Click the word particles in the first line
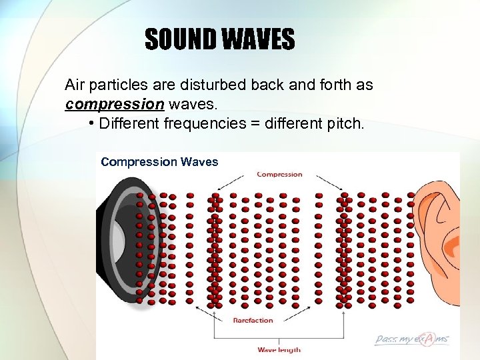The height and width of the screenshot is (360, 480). click(x=115, y=85)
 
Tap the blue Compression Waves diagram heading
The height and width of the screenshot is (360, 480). click(x=159, y=162)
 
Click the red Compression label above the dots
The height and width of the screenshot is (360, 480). click(x=279, y=175)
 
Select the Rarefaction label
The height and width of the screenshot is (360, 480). click(x=253, y=321)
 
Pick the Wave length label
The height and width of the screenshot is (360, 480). click(x=279, y=349)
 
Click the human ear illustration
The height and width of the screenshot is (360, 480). click(x=437, y=233)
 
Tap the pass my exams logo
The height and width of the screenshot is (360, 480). click(x=411, y=339)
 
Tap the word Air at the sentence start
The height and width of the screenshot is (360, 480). click(x=75, y=85)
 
